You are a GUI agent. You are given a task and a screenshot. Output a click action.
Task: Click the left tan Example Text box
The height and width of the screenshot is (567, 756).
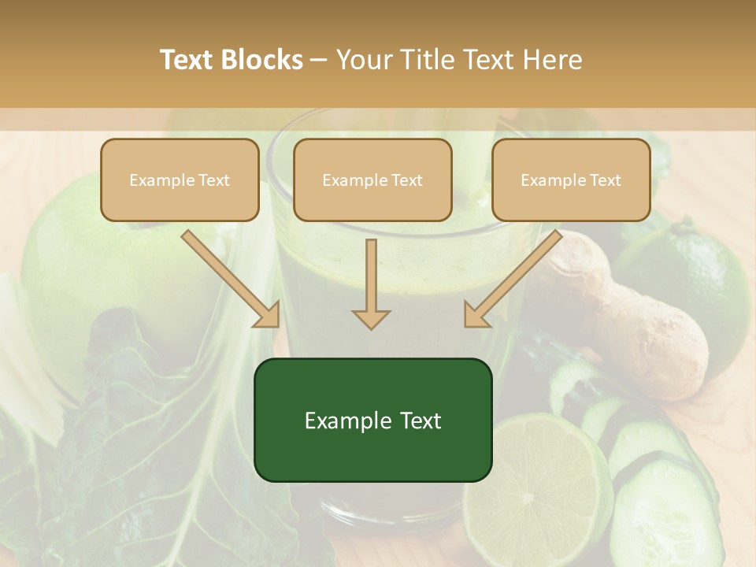coord(180,180)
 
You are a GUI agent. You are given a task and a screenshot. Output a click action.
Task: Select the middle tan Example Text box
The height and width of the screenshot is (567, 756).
coord(372,180)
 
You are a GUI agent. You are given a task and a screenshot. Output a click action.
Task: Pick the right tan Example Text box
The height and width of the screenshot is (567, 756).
coord(571,180)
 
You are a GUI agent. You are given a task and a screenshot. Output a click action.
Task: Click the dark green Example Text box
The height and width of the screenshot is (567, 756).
coord(372,420)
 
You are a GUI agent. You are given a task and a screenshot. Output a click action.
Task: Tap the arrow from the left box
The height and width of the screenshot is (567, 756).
coord(231,279)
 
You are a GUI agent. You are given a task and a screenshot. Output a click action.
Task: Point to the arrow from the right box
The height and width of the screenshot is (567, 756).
coord(513,279)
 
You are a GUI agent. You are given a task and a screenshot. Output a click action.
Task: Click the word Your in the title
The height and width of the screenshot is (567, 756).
coord(365,60)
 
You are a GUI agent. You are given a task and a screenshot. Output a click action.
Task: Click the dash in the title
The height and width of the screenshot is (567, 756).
coord(319,60)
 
